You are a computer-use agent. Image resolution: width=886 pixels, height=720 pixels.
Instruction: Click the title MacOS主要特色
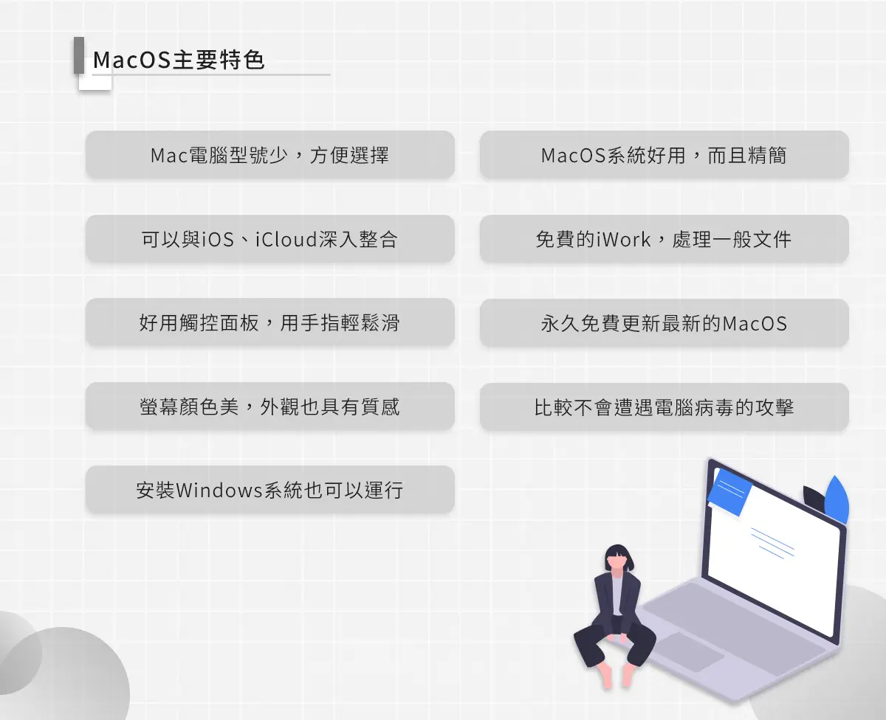[x=179, y=60]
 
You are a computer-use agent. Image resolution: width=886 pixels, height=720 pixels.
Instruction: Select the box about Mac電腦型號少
[x=270, y=155]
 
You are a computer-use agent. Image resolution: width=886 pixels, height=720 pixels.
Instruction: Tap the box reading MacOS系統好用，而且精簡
[x=664, y=155]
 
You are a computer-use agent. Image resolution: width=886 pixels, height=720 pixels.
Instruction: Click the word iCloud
[x=286, y=239]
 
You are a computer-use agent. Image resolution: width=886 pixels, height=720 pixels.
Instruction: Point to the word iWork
[x=624, y=239]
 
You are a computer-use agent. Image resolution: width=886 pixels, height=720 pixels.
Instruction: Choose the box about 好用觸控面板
[x=270, y=322]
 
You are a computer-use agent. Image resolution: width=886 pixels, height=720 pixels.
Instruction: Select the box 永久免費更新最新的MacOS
[x=664, y=323]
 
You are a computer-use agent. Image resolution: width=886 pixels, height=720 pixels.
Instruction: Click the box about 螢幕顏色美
[x=270, y=406]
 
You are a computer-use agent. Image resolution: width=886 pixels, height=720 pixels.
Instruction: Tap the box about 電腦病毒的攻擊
[x=664, y=406]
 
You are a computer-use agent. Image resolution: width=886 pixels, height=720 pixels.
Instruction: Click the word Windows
[x=219, y=491]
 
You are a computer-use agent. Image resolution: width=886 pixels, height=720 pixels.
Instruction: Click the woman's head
[x=619, y=558]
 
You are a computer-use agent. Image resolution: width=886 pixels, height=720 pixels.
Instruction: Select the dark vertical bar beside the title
[x=79, y=55]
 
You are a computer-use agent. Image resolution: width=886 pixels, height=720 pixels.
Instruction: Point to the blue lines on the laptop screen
[x=772, y=543]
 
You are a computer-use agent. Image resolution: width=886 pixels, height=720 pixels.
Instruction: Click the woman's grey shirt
[x=618, y=595]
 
